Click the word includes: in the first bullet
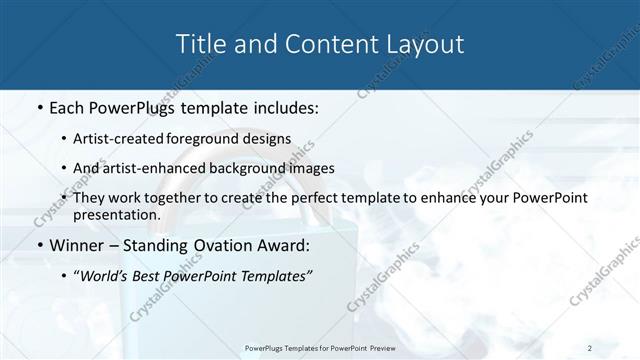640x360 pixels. [x=282, y=107]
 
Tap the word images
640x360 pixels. [x=307, y=168]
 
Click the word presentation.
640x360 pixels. [x=117, y=214]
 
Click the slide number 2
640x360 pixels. [x=589, y=347]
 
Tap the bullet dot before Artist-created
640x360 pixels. [x=65, y=139]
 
